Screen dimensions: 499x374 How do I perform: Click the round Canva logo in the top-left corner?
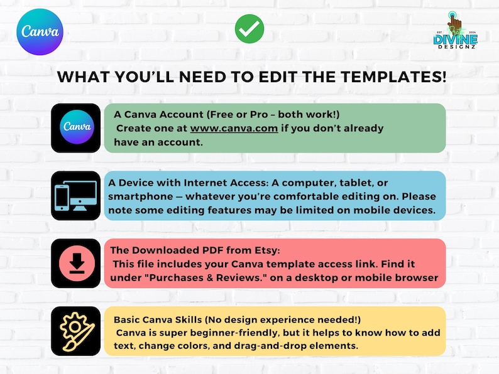[40, 32]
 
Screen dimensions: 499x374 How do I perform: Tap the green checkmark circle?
[249, 29]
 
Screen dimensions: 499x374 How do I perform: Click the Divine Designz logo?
[456, 31]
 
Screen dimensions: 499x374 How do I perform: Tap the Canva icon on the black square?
[77, 127]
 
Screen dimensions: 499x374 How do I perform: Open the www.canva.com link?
[234, 129]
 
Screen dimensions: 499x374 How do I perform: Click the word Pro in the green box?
[259, 114]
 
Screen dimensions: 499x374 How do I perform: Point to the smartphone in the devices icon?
[62, 197]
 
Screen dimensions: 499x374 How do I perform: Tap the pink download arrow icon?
[77, 264]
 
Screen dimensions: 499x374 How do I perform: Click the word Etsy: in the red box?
[267, 250]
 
